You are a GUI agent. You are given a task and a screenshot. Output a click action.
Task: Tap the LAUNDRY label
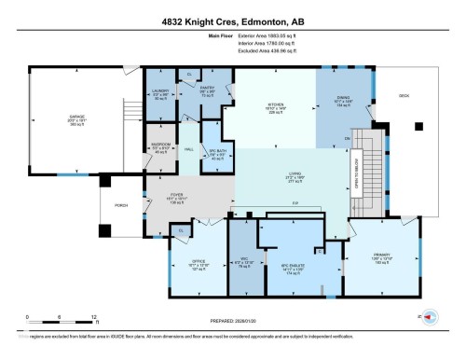(x=159, y=90)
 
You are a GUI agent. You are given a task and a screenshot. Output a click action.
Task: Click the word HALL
(x=187, y=149)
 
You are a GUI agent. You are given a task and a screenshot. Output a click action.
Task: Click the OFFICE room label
(x=198, y=260)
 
